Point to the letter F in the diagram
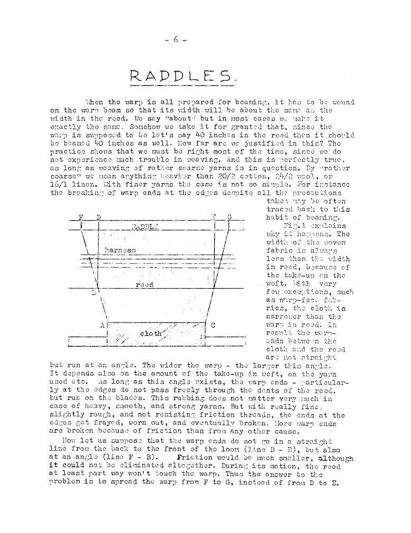81,217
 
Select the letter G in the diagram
230,217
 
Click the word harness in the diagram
120,249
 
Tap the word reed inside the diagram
145,284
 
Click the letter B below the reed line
94,292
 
